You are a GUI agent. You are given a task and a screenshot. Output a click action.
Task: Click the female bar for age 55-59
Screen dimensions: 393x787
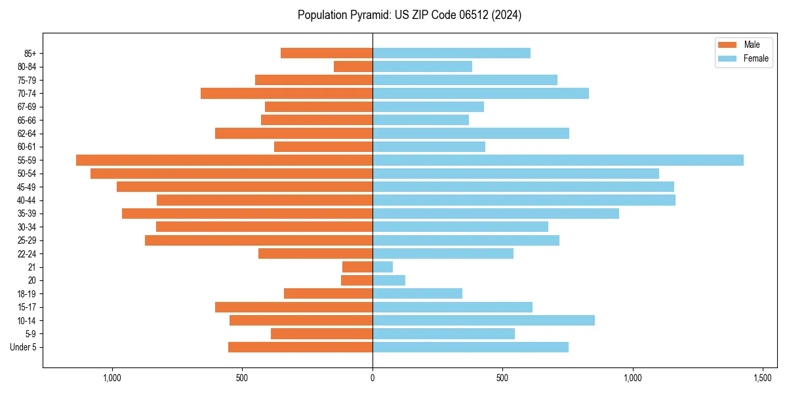pyautogui.click(x=557, y=160)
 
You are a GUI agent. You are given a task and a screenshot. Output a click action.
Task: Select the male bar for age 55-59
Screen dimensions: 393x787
pyautogui.click(x=224, y=160)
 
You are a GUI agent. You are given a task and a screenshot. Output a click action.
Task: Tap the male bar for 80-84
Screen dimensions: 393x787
pyautogui.click(x=353, y=66)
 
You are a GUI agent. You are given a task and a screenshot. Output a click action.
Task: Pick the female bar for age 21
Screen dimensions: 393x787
pyautogui.click(x=382, y=267)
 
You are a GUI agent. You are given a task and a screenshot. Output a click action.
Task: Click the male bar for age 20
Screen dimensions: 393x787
pyautogui.click(x=357, y=280)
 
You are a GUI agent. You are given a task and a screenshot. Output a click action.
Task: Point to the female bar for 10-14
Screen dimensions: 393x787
pyautogui.click(x=483, y=320)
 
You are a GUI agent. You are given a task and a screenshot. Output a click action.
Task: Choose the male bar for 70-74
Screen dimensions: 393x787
pyautogui.click(x=287, y=93)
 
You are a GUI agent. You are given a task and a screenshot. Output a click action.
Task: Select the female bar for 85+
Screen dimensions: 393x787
pyautogui.click(x=451, y=53)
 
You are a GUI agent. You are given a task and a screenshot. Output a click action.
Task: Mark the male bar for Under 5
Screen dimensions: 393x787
pyautogui.click(x=300, y=347)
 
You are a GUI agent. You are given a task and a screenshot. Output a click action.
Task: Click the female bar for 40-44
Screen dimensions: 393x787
pyautogui.click(x=523, y=200)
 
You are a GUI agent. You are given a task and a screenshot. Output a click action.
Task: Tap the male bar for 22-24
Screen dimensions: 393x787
pyautogui.click(x=315, y=253)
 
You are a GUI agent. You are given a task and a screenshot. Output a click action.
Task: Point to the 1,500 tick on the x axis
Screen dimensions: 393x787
pyautogui.click(x=762, y=378)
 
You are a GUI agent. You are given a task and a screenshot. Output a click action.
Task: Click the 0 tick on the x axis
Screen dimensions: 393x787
pyautogui.click(x=373, y=378)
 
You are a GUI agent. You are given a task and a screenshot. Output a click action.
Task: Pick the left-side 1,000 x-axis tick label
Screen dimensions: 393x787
pyautogui.click(x=112, y=378)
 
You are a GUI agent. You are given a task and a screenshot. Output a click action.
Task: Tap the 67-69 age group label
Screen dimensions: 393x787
pyautogui.click(x=27, y=107)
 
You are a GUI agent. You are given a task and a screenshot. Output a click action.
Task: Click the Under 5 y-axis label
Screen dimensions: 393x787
pyautogui.click(x=24, y=347)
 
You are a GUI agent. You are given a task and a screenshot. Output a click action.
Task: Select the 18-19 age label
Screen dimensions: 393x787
pyautogui.click(x=27, y=293)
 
